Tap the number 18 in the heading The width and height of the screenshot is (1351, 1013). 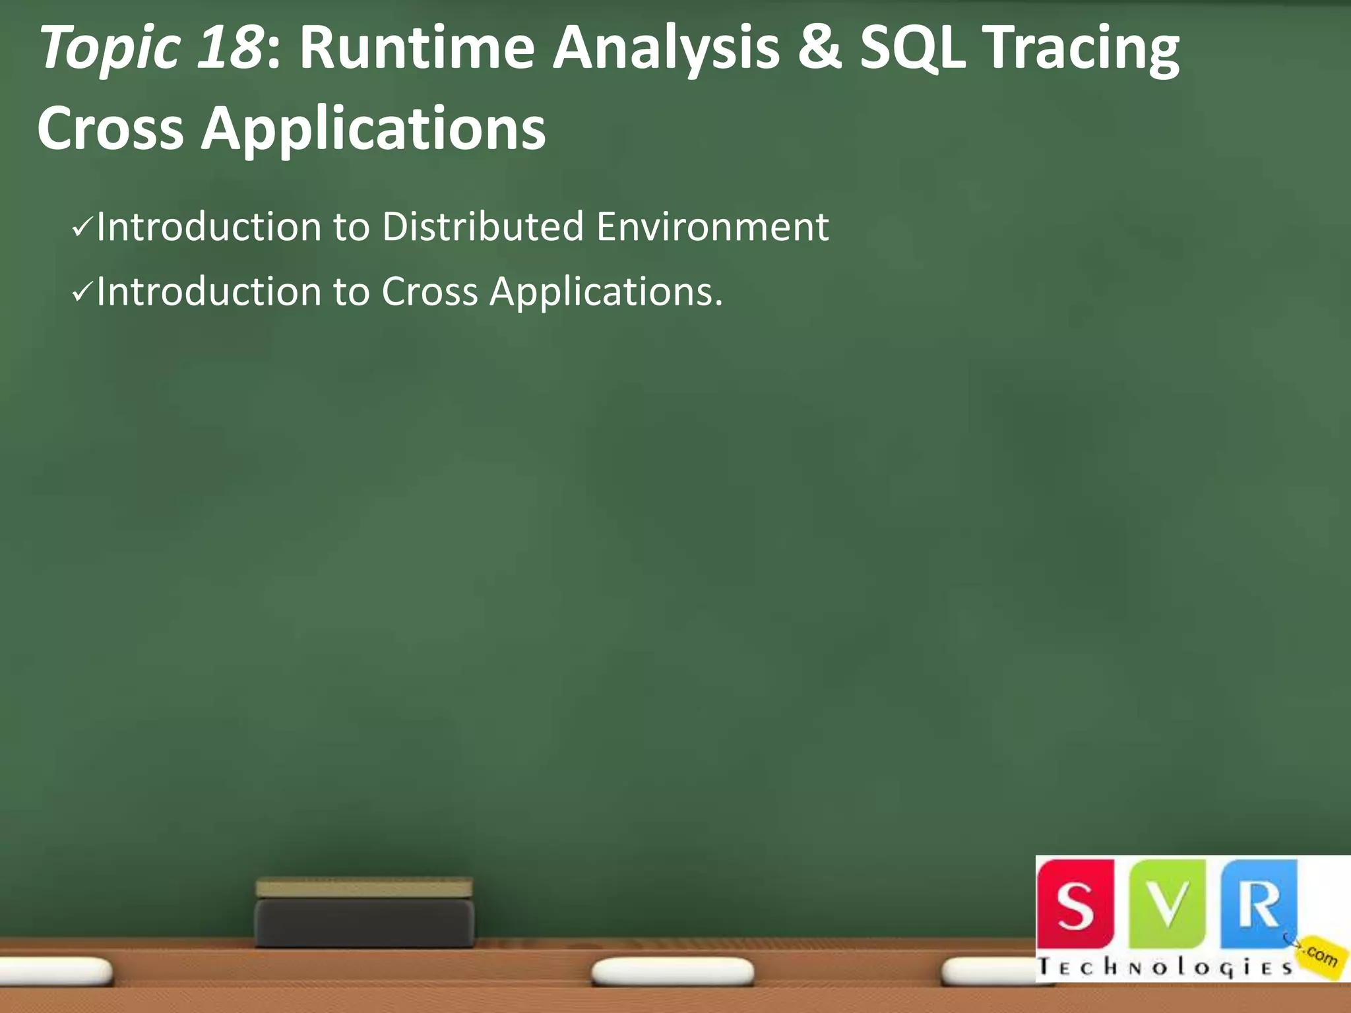(229, 47)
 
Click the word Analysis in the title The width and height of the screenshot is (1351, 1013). (666, 50)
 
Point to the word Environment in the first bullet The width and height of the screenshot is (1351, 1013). (712, 227)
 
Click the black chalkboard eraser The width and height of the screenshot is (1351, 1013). (364, 921)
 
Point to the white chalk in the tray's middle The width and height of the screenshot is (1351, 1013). (672, 971)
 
